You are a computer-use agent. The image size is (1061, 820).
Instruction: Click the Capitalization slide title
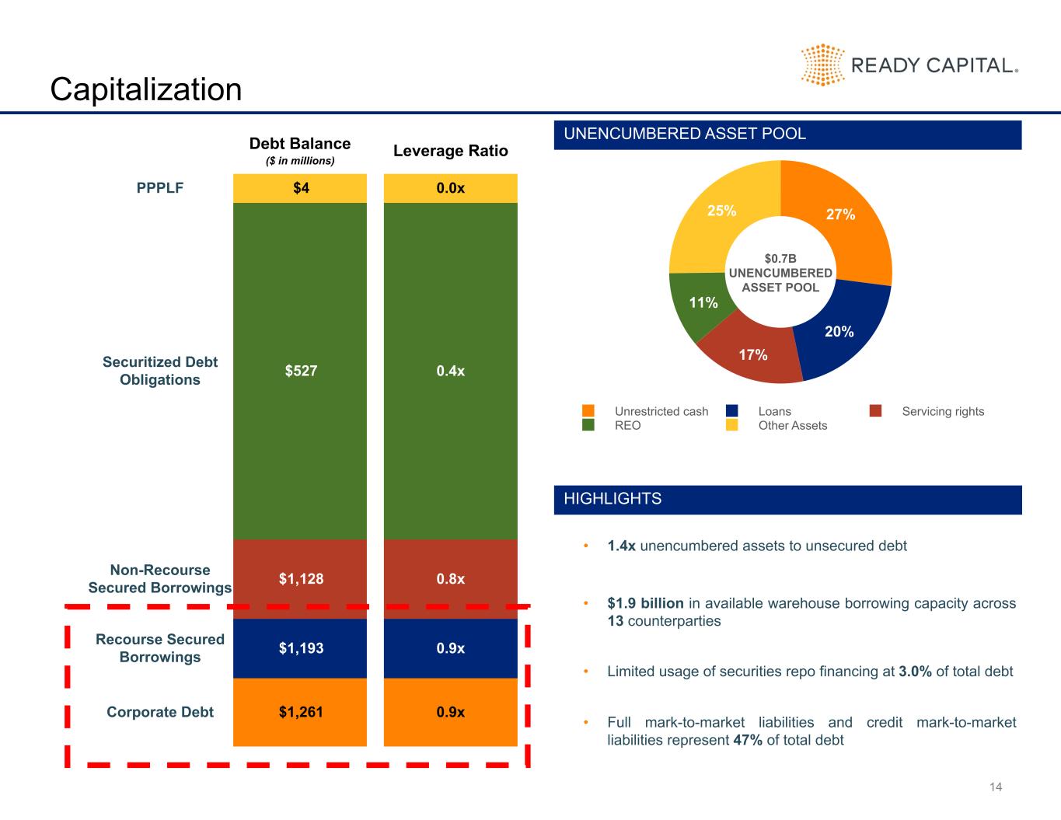pyautogui.click(x=146, y=89)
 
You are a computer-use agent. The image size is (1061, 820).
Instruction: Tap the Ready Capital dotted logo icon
pyautogui.click(x=822, y=65)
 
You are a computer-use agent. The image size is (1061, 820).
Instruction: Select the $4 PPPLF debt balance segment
pyautogui.click(x=300, y=188)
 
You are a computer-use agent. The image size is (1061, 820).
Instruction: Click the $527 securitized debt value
pyautogui.click(x=301, y=371)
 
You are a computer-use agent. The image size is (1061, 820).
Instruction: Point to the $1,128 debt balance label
pyautogui.click(x=301, y=579)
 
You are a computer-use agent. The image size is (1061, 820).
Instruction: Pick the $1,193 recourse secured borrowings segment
pyautogui.click(x=300, y=648)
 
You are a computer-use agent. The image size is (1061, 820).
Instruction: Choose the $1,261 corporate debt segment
pyautogui.click(x=300, y=712)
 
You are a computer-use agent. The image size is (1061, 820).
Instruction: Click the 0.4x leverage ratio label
pyautogui.click(x=450, y=371)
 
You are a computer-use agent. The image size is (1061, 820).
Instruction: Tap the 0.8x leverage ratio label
pyautogui.click(x=450, y=579)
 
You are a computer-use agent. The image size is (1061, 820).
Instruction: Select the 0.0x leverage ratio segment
pyautogui.click(x=450, y=188)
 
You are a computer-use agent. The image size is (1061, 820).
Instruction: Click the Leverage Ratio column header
pyautogui.click(x=451, y=151)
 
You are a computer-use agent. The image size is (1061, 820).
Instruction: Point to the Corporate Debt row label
pyautogui.click(x=160, y=712)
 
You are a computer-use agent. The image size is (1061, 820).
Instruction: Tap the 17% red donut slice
pyautogui.click(x=752, y=354)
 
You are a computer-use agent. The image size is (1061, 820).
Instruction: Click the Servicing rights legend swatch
pyautogui.click(x=875, y=410)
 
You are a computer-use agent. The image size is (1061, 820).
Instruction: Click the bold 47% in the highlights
pyautogui.click(x=748, y=740)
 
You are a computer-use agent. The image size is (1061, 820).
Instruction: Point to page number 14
pyautogui.click(x=996, y=787)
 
